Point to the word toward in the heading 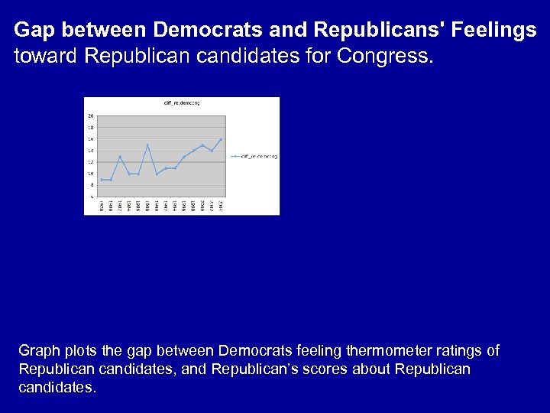click(42, 56)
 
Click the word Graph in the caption click(39, 351)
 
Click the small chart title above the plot click(181, 102)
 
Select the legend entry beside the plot click(257, 156)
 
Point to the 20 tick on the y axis click(91, 116)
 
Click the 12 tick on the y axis click(91, 162)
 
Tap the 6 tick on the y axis click(92, 197)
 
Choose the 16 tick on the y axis click(91, 139)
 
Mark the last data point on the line click(221, 139)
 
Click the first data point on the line click(102, 180)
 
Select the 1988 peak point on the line click(147, 145)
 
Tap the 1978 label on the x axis click(102, 205)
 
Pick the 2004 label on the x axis click(221, 205)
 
